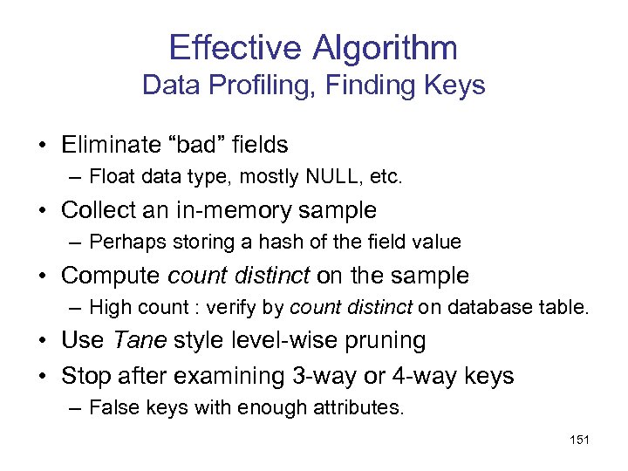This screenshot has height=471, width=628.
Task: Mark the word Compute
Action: (x=111, y=276)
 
